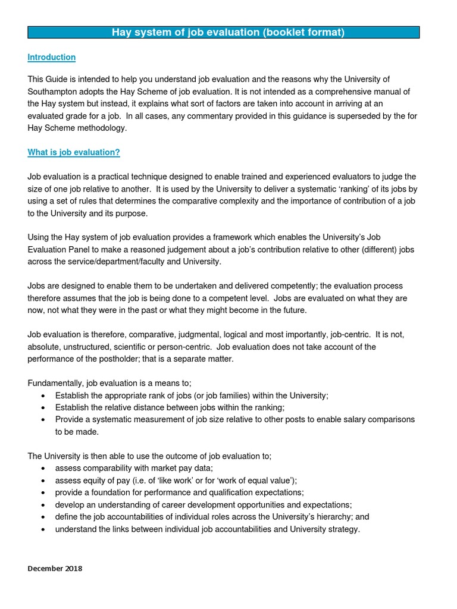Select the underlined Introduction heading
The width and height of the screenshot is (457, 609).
pyautogui.click(x=52, y=57)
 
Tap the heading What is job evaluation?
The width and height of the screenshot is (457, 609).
pyautogui.click(x=74, y=152)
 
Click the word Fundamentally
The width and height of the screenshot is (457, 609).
pyautogui.click(x=55, y=383)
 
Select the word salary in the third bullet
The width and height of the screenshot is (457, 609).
pyautogui.click(x=331, y=419)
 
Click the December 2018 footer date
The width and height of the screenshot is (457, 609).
pyautogui.click(x=55, y=569)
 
